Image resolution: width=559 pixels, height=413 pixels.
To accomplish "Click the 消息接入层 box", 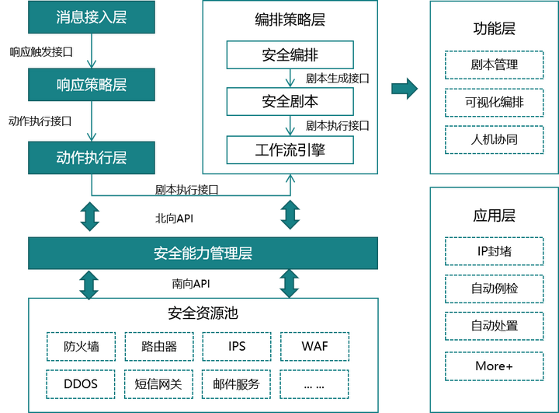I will pyautogui.click(x=91, y=17).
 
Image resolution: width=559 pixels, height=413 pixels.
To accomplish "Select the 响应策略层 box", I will pyautogui.click(x=91, y=85).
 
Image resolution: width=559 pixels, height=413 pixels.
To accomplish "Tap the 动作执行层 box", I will pyautogui.click(x=91, y=158).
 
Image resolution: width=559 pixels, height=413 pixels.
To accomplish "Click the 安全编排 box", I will pyautogui.click(x=290, y=55).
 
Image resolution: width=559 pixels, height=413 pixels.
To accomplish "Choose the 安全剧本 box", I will pyautogui.click(x=290, y=102).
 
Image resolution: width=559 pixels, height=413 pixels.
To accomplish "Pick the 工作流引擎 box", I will pyautogui.click(x=290, y=149).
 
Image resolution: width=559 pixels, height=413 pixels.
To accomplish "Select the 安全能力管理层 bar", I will pyautogui.click(x=203, y=254).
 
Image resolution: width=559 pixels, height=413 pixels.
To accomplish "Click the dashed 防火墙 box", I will pyautogui.click(x=82, y=345).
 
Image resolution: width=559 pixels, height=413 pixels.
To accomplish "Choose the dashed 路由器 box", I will pyautogui.click(x=159, y=345).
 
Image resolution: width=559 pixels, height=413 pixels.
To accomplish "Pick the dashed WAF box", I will pyautogui.click(x=314, y=345).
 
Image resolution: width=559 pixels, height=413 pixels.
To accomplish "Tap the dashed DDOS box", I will pyautogui.click(x=82, y=383).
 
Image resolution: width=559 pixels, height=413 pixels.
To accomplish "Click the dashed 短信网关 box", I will pyautogui.click(x=159, y=383).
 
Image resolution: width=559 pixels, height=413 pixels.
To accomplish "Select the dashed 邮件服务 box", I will pyautogui.click(x=237, y=383).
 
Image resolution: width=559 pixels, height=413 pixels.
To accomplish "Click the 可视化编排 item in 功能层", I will pyautogui.click(x=494, y=102).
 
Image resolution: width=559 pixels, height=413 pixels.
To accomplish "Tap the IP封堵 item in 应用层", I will pyautogui.click(x=494, y=251).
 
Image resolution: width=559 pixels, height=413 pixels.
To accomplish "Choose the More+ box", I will pyautogui.click(x=494, y=366).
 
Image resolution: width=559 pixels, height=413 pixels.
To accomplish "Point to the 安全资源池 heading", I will pyautogui.click(x=203, y=313).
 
